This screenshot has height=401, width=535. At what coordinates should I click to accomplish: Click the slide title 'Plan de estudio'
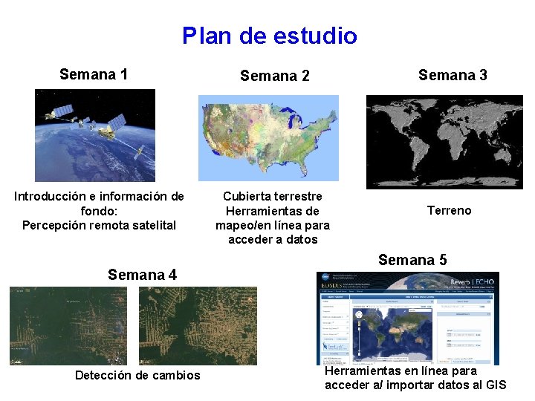269,36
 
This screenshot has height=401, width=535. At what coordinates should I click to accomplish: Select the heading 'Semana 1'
94,74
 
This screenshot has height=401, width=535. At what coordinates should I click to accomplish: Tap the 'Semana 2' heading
274,76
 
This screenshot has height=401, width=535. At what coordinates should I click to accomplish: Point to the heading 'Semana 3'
453,75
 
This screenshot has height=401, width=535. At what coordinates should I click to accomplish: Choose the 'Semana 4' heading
142,275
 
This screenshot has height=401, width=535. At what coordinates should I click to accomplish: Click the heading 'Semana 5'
412,260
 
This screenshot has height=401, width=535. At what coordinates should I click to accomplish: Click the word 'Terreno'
449,211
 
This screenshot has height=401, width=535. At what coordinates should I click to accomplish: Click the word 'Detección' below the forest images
103,376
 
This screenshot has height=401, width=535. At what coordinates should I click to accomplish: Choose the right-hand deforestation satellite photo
198,325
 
